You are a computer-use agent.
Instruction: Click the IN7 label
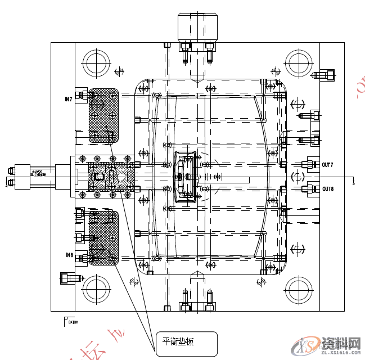point(69,99)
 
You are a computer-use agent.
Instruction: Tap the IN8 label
point(69,255)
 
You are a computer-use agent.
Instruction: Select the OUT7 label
point(328,165)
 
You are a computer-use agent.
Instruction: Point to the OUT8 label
point(328,189)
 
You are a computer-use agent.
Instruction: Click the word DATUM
point(74,322)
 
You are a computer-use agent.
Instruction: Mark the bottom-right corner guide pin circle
point(298,290)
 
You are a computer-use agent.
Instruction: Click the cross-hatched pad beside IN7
point(103,115)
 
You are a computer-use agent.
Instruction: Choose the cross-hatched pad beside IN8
point(103,237)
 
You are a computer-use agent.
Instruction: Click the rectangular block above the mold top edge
point(196,25)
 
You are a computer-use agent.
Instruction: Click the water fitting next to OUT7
point(308,165)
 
